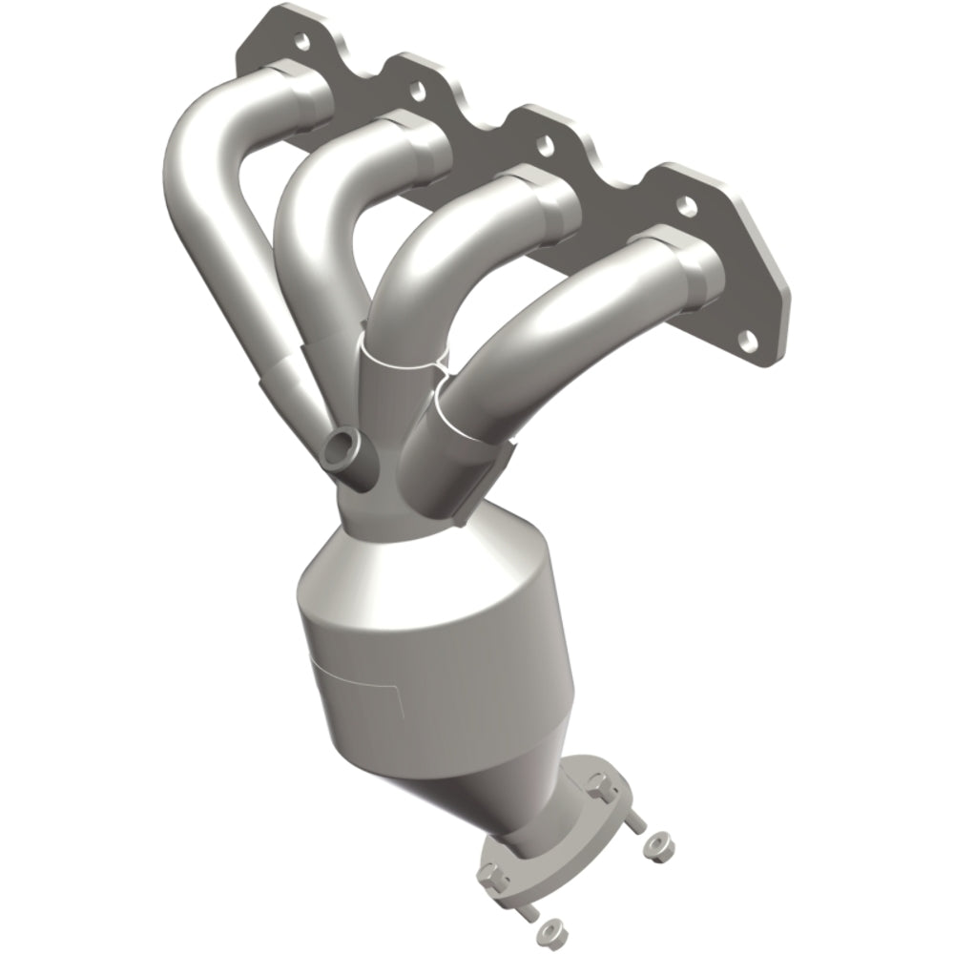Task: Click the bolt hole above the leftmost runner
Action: point(302,41)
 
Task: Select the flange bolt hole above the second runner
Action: point(417,92)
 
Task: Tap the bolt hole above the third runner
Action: point(545,146)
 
